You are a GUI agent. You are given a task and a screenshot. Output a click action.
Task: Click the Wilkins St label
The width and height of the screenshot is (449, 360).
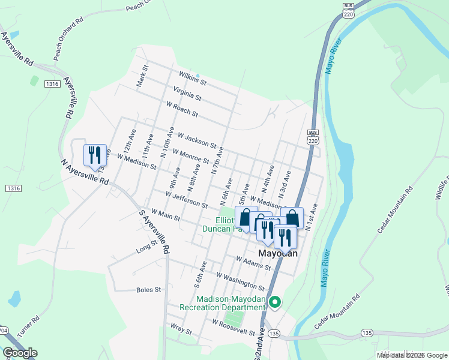(x=192, y=77)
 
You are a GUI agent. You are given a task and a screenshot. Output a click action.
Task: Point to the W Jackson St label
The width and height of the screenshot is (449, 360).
(x=197, y=140)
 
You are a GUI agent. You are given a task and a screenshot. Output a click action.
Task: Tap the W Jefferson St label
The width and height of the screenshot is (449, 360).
(x=187, y=200)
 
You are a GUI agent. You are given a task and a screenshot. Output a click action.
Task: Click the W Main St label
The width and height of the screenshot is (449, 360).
(x=166, y=215)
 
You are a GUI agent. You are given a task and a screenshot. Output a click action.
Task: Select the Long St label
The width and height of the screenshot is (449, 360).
(x=146, y=245)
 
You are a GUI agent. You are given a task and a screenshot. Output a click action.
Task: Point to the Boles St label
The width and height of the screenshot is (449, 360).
(x=149, y=289)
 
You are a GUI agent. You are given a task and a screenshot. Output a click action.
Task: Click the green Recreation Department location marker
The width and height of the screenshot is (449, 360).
(x=275, y=302)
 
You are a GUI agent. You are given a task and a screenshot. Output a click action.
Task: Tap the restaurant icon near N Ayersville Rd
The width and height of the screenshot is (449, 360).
(x=95, y=155)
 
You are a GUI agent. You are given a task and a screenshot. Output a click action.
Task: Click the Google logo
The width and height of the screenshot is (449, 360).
(x=20, y=353)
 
